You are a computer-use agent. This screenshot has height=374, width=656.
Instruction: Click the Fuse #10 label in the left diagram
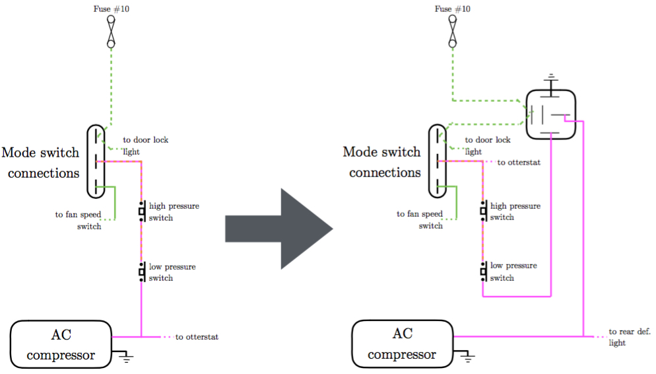[x=112, y=9]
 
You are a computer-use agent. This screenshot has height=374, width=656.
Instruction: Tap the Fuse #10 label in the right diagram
[x=452, y=9]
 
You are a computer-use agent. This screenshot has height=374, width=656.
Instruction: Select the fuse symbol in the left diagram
[x=111, y=32]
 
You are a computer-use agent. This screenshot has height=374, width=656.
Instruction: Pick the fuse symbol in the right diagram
[x=452, y=32]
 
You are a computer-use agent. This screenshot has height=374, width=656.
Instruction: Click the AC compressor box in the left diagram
[x=61, y=344]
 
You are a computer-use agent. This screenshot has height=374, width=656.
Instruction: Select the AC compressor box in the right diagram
[x=402, y=344]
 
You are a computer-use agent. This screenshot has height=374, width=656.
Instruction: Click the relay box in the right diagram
[x=550, y=114]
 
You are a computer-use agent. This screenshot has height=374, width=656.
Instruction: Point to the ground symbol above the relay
[x=551, y=82]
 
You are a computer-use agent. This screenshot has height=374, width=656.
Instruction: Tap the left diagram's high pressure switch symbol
[x=143, y=211]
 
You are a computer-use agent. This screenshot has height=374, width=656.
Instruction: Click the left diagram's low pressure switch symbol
[x=143, y=272]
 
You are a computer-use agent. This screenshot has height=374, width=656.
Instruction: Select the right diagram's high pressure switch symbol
[x=484, y=211]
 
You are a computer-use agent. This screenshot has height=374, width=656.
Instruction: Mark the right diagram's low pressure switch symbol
[x=484, y=272]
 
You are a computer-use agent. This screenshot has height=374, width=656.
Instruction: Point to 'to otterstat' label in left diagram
[x=197, y=337]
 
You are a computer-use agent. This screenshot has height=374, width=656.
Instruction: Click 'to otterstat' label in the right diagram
[x=519, y=162]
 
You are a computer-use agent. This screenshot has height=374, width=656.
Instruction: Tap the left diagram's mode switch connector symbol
[x=96, y=161]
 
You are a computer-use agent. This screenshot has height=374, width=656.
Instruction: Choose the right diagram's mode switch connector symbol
[x=438, y=161]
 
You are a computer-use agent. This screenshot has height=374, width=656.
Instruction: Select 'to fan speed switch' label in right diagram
[x=420, y=219]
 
